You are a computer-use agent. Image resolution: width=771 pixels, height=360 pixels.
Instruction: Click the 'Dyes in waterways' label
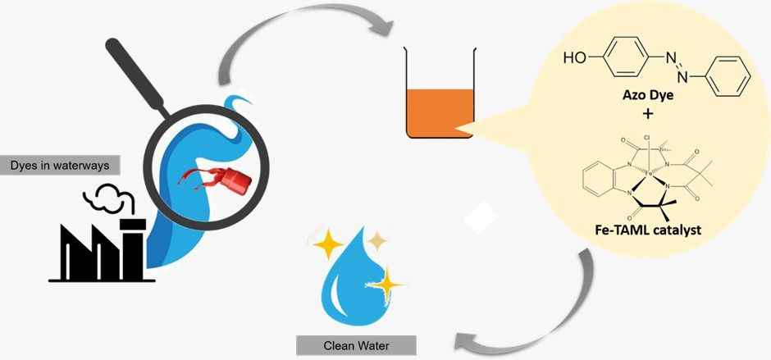[59, 165]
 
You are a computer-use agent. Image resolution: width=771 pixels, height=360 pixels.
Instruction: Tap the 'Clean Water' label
[354, 344]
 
